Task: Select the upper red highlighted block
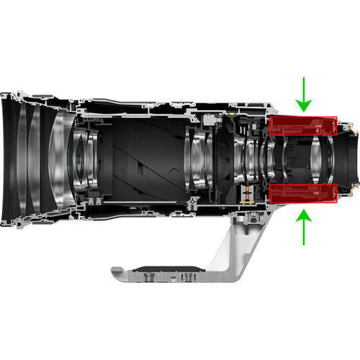(x=303, y=125)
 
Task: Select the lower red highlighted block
(x=303, y=194)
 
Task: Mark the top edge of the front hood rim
(x=9, y=94)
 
